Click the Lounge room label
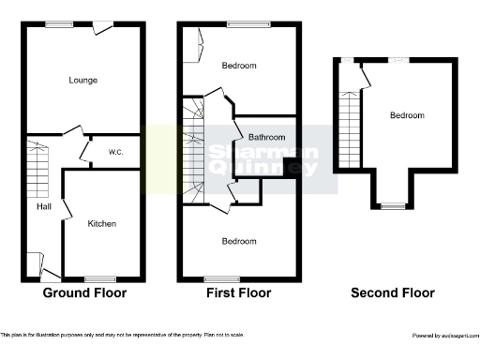click(83, 80)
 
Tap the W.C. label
click(117, 152)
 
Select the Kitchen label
click(101, 224)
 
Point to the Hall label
click(44, 207)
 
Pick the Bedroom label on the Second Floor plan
click(407, 115)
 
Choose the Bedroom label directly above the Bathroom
click(239, 66)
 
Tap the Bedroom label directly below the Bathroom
click(239, 241)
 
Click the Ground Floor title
click(84, 292)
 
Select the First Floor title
click(238, 292)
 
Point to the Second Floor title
click(393, 292)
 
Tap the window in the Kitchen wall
click(99, 278)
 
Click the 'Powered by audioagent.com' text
click(445, 335)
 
